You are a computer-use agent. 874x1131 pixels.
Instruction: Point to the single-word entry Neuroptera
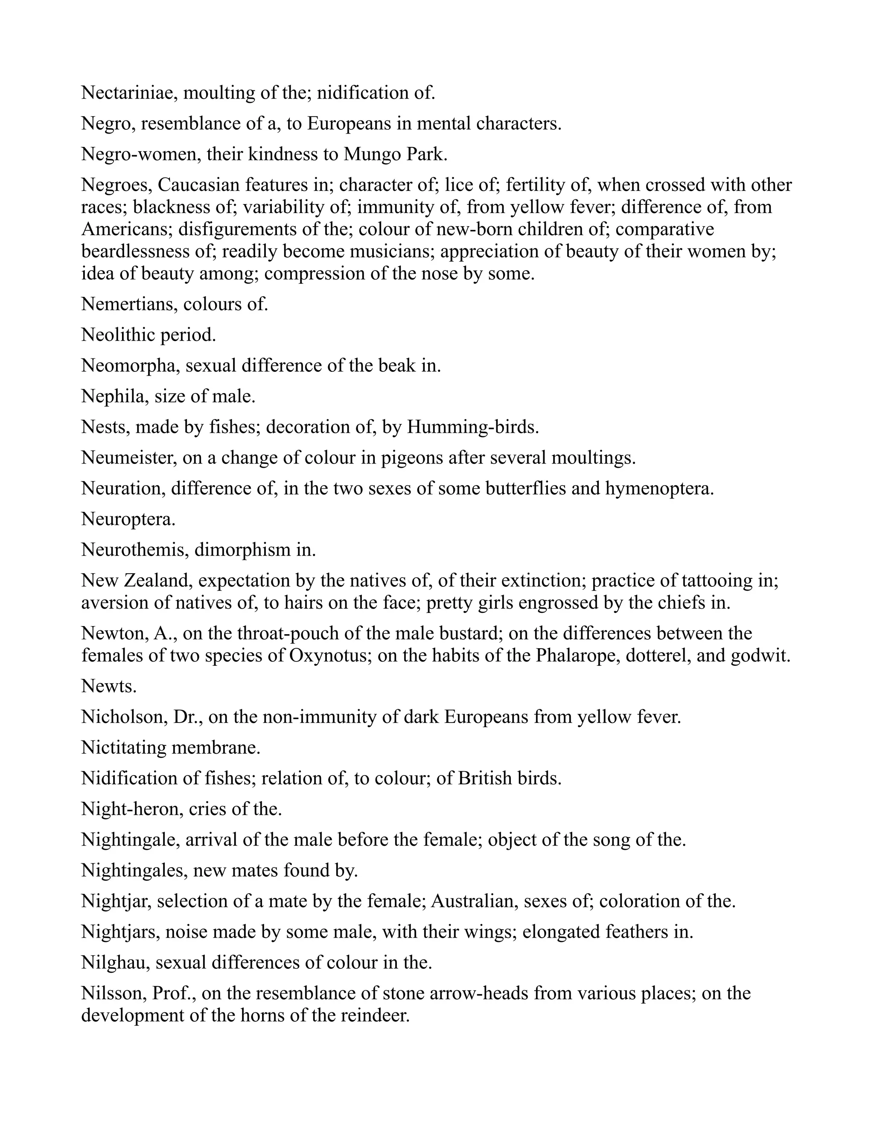[128, 519]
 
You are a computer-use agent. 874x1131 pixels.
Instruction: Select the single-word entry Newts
[109, 687]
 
